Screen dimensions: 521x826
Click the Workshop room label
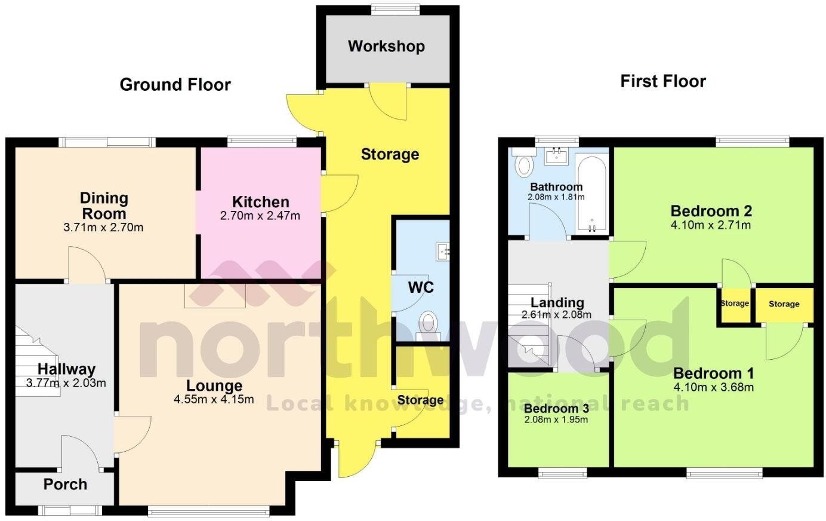(x=386, y=46)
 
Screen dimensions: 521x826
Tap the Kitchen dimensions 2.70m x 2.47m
(x=260, y=216)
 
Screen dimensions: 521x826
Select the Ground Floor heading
(x=175, y=85)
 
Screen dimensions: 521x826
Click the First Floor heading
(x=662, y=81)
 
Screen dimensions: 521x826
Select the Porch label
(x=65, y=484)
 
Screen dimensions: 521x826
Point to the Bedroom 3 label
(x=556, y=409)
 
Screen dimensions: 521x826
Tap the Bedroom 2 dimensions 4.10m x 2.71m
(x=711, y=225)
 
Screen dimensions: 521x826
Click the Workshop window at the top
(x=388, y=9)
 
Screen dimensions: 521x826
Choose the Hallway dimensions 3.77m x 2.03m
(x=66, y=382)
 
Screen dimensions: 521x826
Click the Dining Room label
(x=104, y=206)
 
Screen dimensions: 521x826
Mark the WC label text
(x=421, y=287)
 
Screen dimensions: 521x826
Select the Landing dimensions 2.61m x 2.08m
(x=556, y=315)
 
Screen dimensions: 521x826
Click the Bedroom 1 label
(x=713, y=373)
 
